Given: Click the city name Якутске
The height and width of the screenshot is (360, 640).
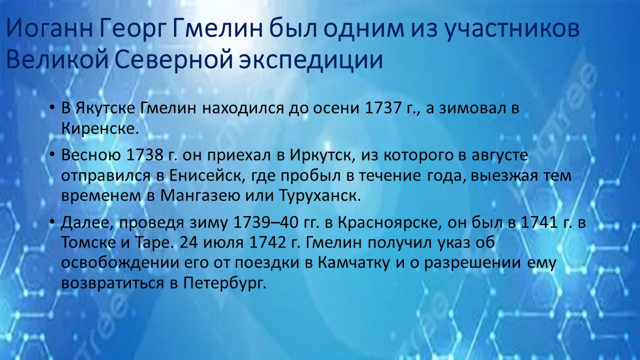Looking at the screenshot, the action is tap(105, 108).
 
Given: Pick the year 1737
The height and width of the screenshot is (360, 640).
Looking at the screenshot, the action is tap(383, 108).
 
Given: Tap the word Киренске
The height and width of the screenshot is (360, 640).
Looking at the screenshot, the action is tap(100, 128).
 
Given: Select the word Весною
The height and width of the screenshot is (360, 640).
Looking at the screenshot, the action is tap(91, 155).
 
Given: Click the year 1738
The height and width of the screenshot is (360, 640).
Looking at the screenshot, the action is tap(144, 155).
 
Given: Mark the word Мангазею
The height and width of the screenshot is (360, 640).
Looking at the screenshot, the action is tap(200, 196).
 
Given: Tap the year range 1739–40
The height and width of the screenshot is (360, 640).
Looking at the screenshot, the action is tap(265, 223).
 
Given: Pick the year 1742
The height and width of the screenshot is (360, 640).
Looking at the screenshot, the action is tap(267, 243).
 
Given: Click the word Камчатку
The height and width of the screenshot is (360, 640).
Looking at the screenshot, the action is tap(353, 263).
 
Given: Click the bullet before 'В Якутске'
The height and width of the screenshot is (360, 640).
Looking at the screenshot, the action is tap(51, 108).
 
